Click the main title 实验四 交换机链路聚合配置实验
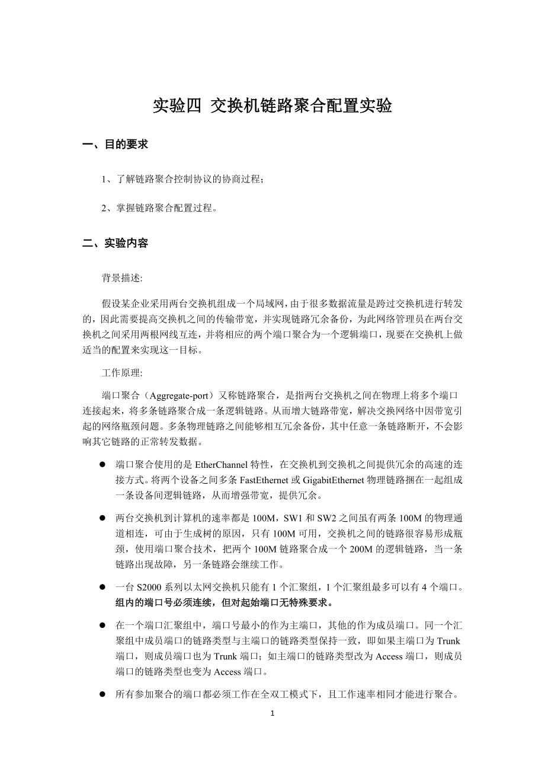pyautogui.click(x=272, y=106)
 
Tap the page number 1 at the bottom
pyautogui.click(x=272, y=713)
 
